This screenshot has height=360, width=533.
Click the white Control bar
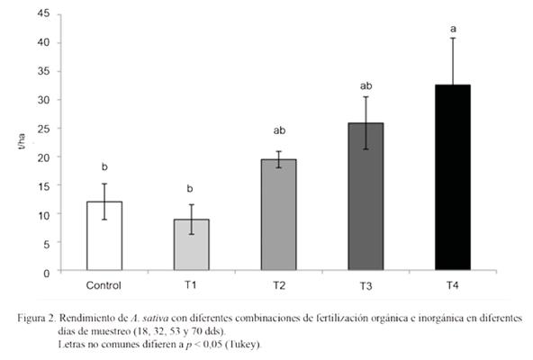[104, 236]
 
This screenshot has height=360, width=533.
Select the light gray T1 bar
[191, 245]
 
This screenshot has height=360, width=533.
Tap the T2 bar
[278, 215]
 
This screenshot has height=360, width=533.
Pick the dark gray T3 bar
[366, 197]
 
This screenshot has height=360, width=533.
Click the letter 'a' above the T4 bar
[453, 28]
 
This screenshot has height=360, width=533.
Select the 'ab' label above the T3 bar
[366, 86]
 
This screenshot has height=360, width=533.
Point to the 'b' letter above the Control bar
[104, 166]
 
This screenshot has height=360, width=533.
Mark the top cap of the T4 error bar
[453, 38]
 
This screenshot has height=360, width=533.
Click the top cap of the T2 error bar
[278, 151]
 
